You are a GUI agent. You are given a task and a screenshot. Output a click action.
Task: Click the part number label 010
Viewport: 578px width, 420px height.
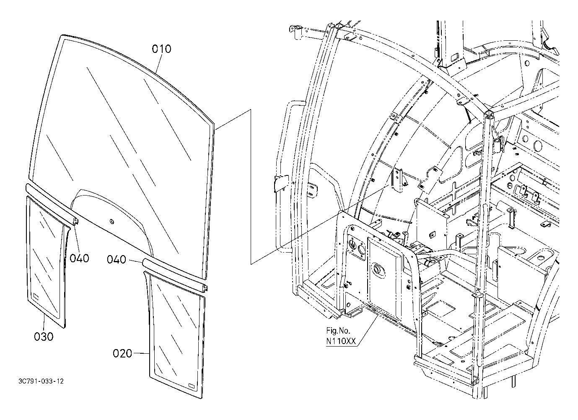coord(161,49)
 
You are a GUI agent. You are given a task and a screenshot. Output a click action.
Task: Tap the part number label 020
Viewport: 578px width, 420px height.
coord(122,354)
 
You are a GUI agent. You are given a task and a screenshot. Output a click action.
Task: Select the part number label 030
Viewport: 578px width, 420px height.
coord(44,336)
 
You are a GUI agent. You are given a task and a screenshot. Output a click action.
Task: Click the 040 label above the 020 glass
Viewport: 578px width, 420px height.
coord(116,260)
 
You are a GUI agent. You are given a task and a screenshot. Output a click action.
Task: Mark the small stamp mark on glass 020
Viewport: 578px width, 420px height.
coord(191,385)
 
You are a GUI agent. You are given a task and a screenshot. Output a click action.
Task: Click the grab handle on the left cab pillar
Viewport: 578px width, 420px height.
coord(283,176)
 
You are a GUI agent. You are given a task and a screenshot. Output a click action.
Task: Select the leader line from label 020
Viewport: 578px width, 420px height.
coord(141,354)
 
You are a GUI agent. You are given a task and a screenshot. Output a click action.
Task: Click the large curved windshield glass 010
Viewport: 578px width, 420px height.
coord(126,138)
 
